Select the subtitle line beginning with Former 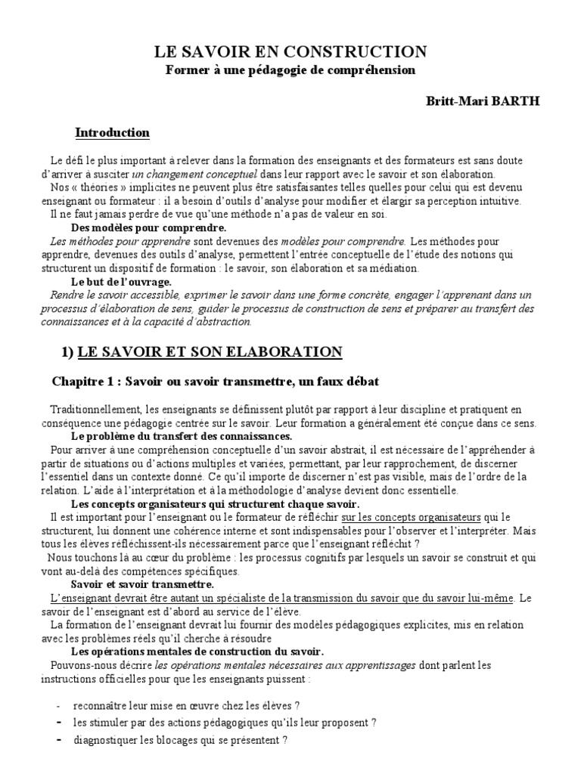[x=291, y=70]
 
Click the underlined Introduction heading [x=112, y=133]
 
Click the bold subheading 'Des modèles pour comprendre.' [x=148, y=227]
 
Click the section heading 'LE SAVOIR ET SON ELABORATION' [x=210, y=352]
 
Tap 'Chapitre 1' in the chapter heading [x=82, y=380]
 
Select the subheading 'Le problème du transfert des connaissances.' [x=181, y=436]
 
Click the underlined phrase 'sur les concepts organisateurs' [x=411, y=517]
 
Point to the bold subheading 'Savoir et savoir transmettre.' [x=142, y=584]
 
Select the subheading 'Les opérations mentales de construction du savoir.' [x=197, y=652]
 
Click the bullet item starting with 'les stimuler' [x=225, y=723]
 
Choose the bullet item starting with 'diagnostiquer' [x=180, y=740]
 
